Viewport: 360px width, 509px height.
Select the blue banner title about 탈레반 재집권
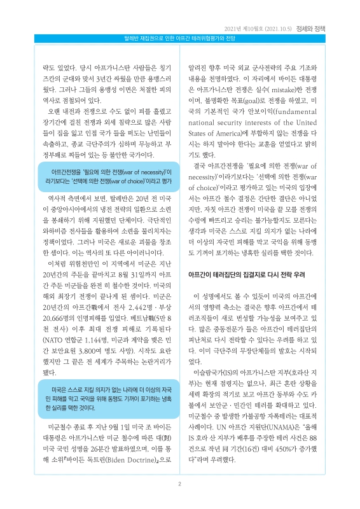click(180, 39)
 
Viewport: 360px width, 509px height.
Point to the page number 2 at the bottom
click(180, 484)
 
